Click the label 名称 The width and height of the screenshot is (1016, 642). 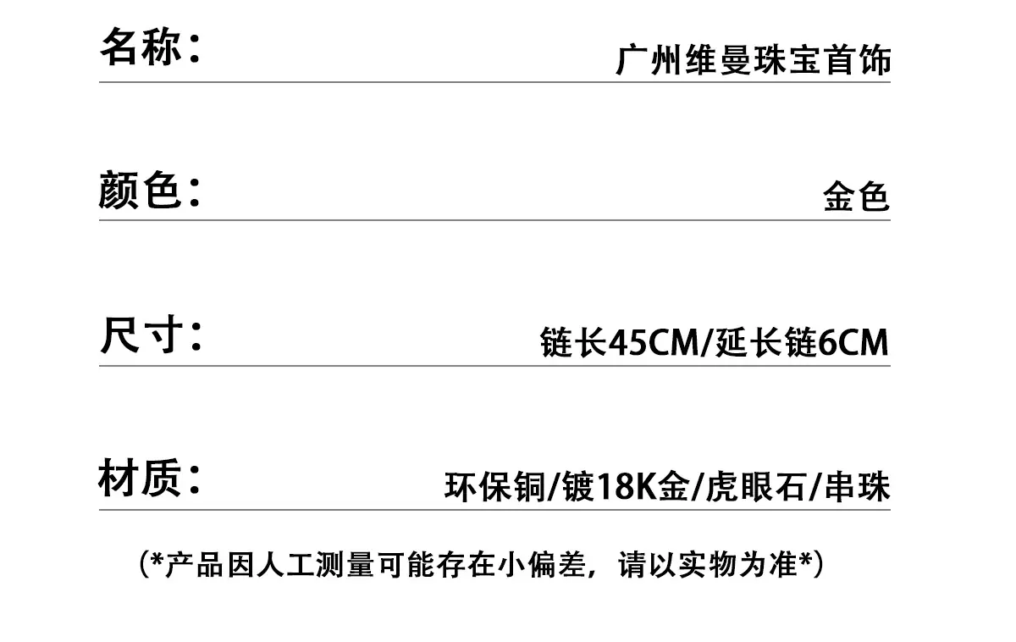tap(141, 47)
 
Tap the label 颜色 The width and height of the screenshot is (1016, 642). tap(140, 190)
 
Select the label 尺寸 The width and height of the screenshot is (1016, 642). tap(141, 335)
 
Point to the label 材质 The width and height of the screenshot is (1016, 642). tap(140, 478)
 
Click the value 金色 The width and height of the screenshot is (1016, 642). tap(856, 196)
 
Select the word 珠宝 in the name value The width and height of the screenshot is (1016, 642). tap(787, 59)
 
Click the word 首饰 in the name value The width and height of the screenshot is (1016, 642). tap(857, 59)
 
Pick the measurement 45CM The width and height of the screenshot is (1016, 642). tap(653, 342)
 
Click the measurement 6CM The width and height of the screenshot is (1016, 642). tap(853, 342)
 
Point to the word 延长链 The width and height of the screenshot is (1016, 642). tap(766, 342)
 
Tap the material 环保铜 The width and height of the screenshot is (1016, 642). tap(495, 487)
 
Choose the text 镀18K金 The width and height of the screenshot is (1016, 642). tap(626, 487)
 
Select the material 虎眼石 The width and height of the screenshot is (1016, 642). tap(756, 487)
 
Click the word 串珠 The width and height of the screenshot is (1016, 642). tap(857, 487)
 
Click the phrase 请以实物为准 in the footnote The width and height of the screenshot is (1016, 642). tap(708, 565)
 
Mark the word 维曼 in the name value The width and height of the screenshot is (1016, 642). tap(719, 59)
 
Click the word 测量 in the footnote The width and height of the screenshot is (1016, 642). tap(345, 565)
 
